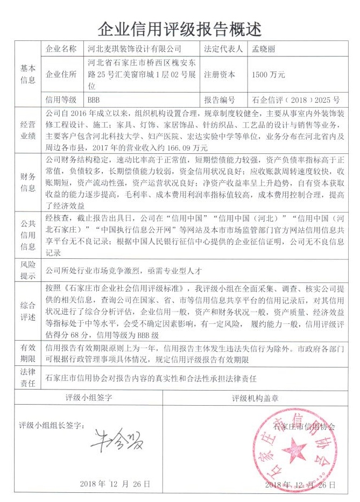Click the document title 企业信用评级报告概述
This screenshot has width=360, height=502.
[180, 27]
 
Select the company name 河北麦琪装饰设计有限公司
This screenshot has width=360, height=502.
[134, 49]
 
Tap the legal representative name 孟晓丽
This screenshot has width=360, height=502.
[266, 49]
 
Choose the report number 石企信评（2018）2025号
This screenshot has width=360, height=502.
[296, 101]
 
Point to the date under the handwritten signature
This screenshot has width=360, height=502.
[114, 484]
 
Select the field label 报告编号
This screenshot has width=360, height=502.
[220, 101]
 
